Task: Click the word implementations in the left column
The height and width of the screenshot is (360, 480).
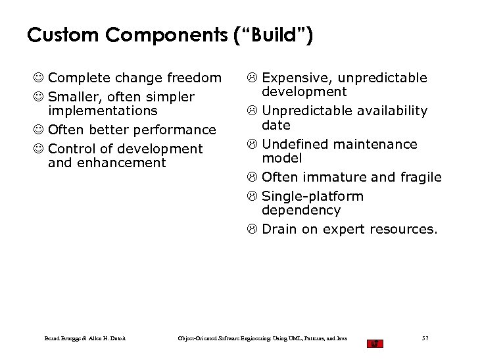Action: pyautogui.click(x=103, y=111)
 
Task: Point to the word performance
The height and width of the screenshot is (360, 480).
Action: pyautogui.click(x=178, y=130)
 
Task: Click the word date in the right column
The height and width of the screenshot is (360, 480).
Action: pyautogui.click(x=276, y=125)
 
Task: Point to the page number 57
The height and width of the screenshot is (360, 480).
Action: pyautogui.click(x=425, y=339)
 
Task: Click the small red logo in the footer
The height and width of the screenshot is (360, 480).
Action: pyautogui.click(x=375, y=343)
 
